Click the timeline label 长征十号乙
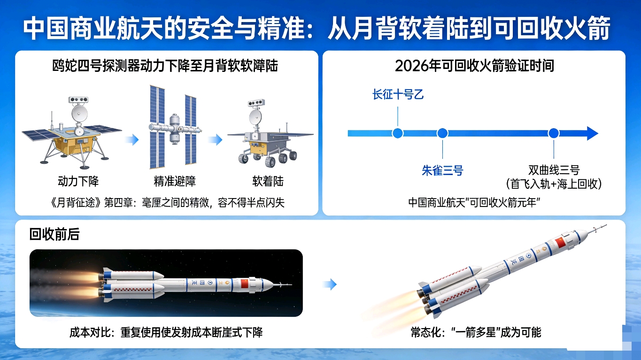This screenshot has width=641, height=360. coord(398,94)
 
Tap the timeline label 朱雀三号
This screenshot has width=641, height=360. coord(442,170)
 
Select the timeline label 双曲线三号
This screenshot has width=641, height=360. coord(554,170)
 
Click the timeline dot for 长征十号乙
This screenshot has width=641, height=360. coord(398,133)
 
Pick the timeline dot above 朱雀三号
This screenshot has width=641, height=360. coord(442,133)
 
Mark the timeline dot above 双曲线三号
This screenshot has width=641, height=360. coord(554,133)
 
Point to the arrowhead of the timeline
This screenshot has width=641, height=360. coord(592,133)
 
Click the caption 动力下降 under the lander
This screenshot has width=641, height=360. coord(78,181)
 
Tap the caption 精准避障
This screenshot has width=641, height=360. coord(175,181)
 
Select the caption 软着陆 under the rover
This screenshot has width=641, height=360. coord(268,181)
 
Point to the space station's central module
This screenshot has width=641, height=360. coord(174,129)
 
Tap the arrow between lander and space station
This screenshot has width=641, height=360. coord(132,140)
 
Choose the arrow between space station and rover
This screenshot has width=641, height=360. coord(216,140)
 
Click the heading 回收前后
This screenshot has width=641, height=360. coord(54,234)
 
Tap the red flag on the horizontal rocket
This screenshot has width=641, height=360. coord(245,284)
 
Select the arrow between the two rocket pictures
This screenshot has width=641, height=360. coord(330,284)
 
